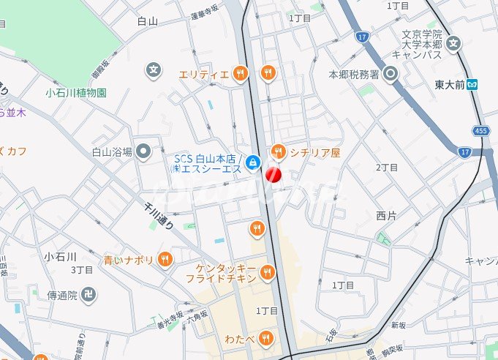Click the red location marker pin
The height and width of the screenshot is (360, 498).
(x=273, y=174)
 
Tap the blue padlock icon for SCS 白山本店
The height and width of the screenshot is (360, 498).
(x=252, y=162)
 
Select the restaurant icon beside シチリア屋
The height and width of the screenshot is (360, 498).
(x=278, y=152)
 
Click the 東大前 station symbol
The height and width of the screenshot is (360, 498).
(x=473, y=83)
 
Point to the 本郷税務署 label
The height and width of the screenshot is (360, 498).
(x=353, y=74)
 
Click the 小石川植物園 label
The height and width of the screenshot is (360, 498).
(x=76, y=93)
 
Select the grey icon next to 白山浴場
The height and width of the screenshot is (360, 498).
(x=143, y=151)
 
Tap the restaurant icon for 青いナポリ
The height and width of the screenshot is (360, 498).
(x=166, y=259)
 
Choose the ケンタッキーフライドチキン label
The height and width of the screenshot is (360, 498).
(x=226, y=274)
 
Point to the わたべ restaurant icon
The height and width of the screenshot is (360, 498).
(x=267, y=337)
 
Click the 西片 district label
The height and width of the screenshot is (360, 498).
(x=386, y=215)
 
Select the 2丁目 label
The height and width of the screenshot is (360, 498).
(x=387, y=168)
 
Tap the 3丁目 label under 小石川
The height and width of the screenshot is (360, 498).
(x=81, y=269)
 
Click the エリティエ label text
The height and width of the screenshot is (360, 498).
(x=204, y=73)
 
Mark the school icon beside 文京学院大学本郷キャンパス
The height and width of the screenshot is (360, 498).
(x=454, y=43)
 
